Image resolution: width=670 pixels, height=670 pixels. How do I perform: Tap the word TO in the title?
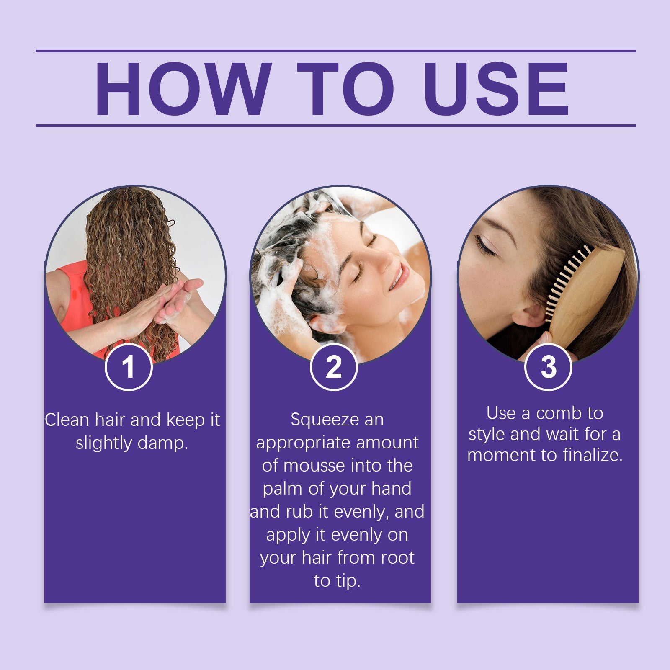click(346, 89)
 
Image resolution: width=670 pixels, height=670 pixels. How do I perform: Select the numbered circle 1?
click(129, 367)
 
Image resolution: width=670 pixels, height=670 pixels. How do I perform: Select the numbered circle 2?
click(334, 367)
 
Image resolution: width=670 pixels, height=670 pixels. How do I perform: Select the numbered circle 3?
click(548, 367)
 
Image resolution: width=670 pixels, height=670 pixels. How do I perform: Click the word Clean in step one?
click(67, 420)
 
